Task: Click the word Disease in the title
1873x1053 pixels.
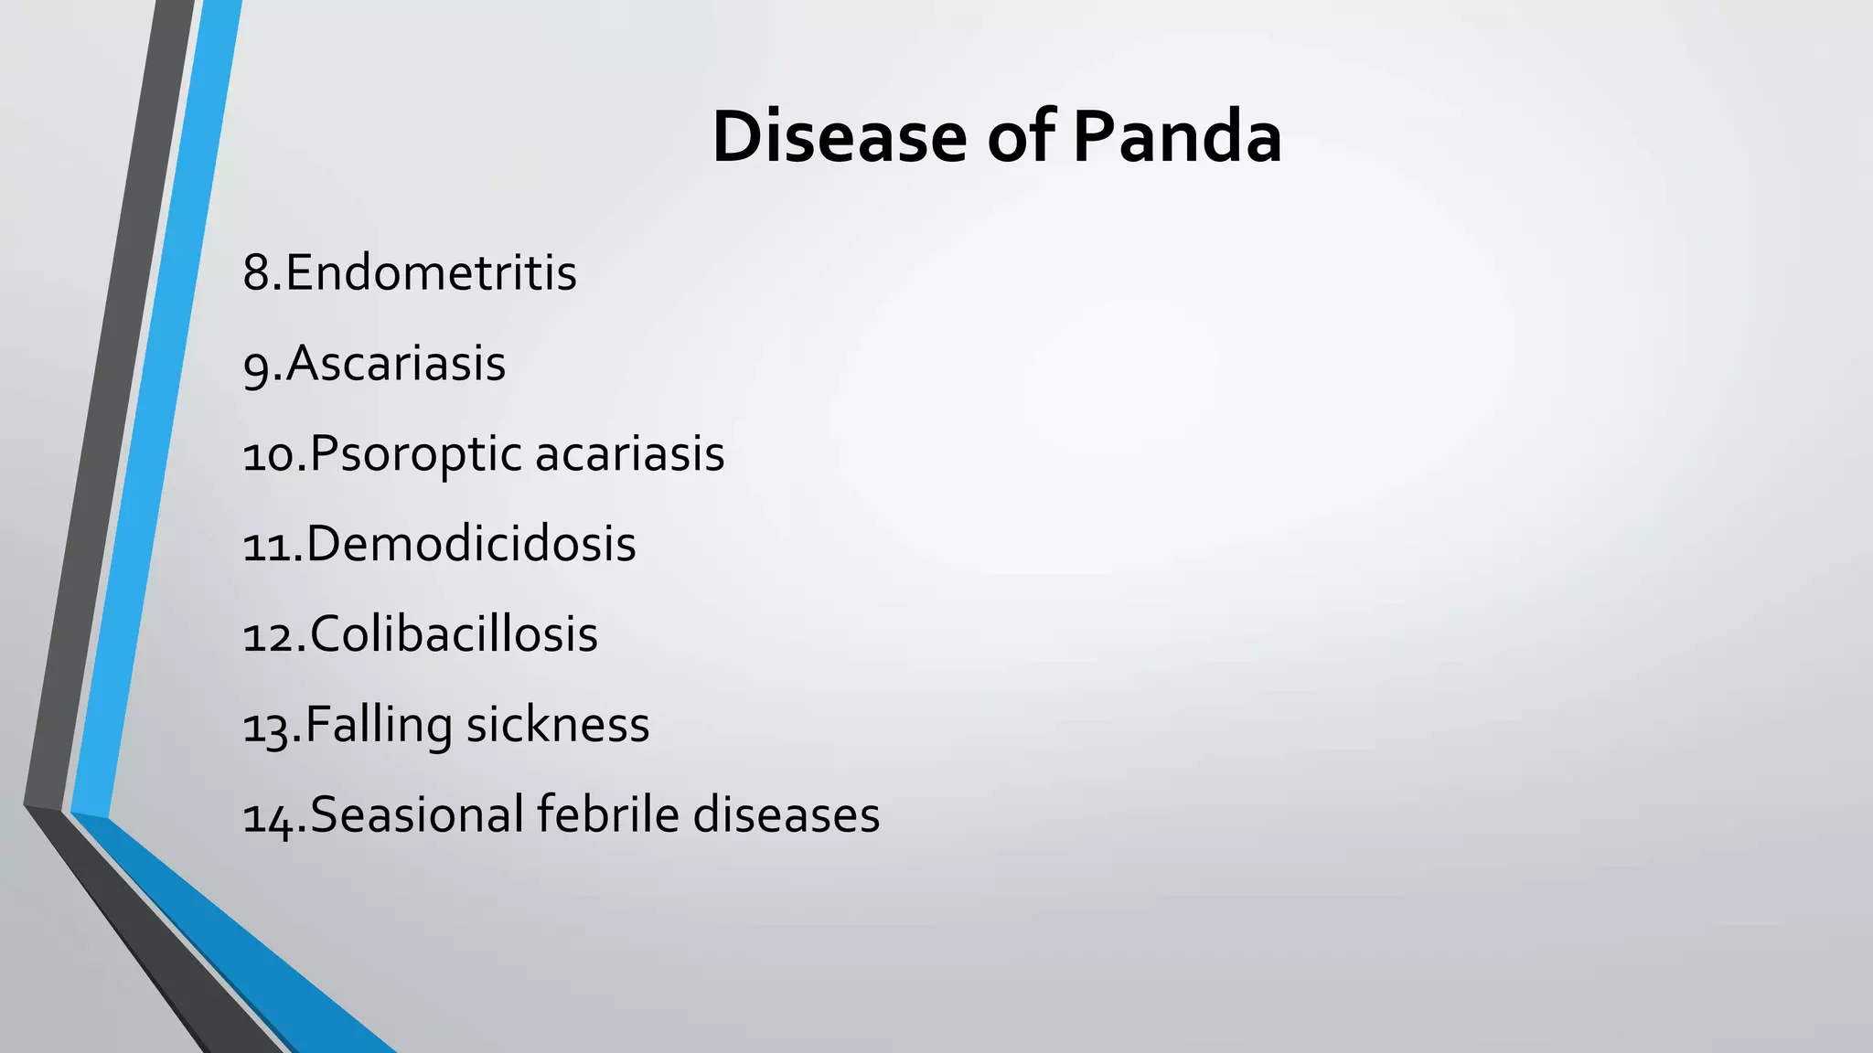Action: pyautogui.click(x=839, y=137)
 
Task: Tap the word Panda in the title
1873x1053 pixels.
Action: pyautogui.click(x=1176, y=137)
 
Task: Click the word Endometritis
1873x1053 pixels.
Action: pyautogui.click(x=431, y=272)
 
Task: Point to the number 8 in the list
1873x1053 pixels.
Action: pyautogui.click(x=257, y=272)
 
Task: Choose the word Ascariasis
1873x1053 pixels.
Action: pyautogui.click(x=396, y=363)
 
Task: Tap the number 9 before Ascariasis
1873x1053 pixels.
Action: pyautogui.click(x=257, y=365)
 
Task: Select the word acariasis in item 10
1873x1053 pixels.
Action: pyautogui.click(x=629, y=454)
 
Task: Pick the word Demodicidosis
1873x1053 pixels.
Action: pyautogui.click(x=471, y=544)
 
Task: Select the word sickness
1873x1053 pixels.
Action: pyautogui.click(x=558, y=725)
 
